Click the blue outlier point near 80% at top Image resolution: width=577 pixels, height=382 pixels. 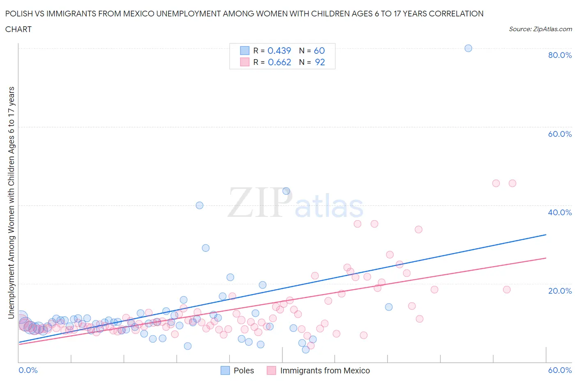point(468,48)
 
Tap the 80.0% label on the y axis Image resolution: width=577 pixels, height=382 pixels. point(560,55)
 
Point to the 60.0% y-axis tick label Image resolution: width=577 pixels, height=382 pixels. point(560,134)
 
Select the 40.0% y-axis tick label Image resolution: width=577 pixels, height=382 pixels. point(560,212)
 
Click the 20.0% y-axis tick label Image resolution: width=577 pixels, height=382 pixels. point(560,291)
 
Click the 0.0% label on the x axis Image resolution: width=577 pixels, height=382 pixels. point(28,370)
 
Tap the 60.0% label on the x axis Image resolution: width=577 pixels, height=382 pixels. point(560,370)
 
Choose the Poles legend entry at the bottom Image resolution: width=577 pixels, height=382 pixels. point(243,370)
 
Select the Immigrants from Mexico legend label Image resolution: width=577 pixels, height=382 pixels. point(325,370)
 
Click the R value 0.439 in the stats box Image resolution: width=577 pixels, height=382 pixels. point(279,51)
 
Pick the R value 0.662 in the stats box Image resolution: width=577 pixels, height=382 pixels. point(279,62)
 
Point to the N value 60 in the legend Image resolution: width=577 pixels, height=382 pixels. point(319,51)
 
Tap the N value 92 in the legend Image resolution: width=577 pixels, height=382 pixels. point(320,62)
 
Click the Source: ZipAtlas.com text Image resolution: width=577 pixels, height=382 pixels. point(540,29)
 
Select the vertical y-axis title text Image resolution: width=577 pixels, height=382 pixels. point(11,203)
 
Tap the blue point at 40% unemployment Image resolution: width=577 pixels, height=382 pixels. point(199,205)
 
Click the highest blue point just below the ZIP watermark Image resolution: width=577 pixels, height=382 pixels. point(286,191)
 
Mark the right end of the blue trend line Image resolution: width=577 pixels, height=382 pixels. point(546,235)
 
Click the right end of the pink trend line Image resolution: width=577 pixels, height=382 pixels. point(546,258)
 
